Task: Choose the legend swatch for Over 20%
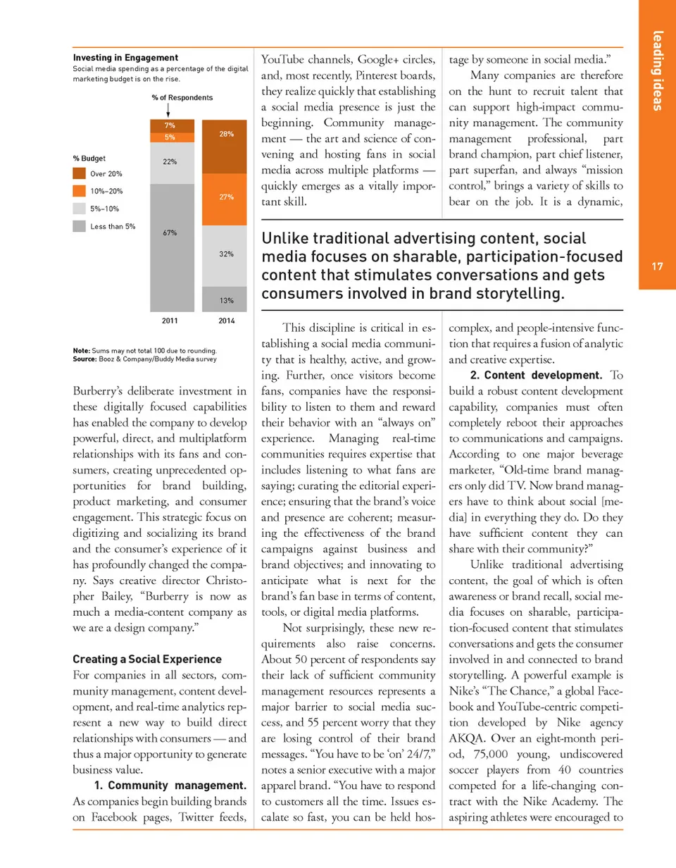coord(80,173)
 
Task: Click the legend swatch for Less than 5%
coord(80,226)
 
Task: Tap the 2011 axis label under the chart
coord(170,321)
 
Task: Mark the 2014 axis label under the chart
coord(226,321)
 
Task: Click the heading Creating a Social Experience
coord(147,659)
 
